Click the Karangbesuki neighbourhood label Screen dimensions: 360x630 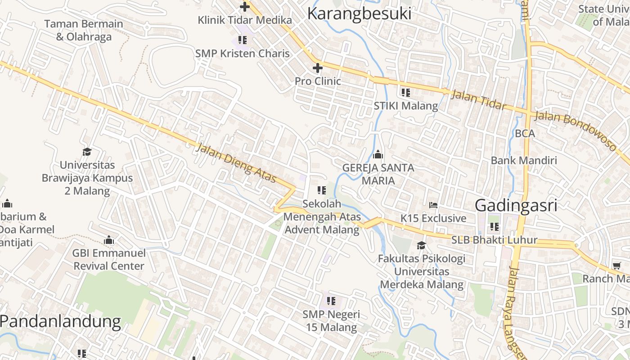(x=359, y=13)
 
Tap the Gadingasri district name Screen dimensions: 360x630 (x=516, y=205)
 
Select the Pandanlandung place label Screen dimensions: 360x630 (x=60, y=321)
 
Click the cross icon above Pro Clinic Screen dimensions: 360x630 (x=318, y=68)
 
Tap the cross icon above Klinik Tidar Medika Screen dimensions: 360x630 (x=245, y=7)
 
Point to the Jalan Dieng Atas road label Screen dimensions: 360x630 (x=236, y=163)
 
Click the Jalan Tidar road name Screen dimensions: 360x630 (x=478, y=99)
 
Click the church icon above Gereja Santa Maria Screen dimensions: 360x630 (x=378, y=155)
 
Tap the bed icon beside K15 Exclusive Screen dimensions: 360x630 (x=433, y=205)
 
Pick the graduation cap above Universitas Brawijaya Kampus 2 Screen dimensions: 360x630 (x=87, y=152)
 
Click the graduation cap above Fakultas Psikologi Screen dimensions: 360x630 (x=421, y=245)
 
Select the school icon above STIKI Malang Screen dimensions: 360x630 (x=405, y=93)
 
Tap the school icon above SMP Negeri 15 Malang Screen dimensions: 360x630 (x=331, y=301)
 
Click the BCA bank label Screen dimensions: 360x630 (x=525, y=134)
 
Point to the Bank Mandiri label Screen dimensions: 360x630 (x=524, y=160)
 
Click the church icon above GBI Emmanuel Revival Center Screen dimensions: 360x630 (x=109, y=240)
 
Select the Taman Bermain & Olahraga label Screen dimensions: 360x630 (x=84, y=30)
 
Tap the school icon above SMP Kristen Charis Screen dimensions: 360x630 (x=243, y=40)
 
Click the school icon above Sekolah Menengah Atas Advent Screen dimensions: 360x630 (x=322, y=190)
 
